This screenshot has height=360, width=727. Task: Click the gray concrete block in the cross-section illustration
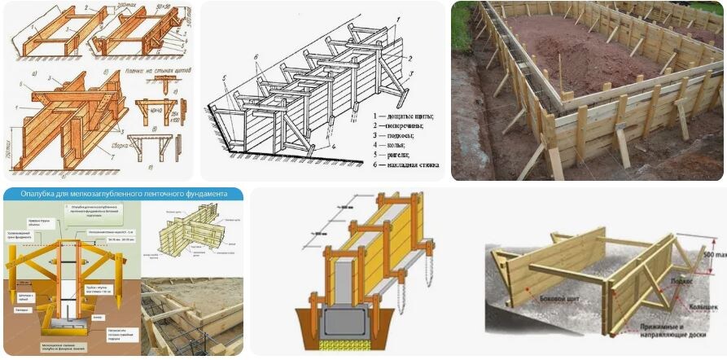(350, 323)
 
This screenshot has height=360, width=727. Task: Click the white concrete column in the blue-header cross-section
(71, 277)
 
